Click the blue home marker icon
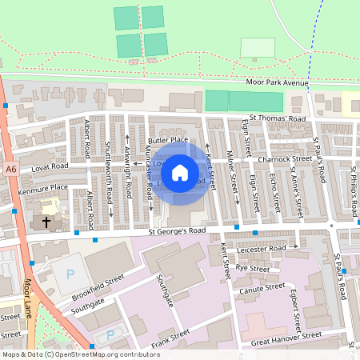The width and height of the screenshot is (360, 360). click(x=180, y=172)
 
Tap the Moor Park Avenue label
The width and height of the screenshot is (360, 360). click(x=278, y=83)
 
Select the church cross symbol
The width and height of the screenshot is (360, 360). click(x=46, y=220)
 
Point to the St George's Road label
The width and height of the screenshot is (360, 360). click(x=177, y=231)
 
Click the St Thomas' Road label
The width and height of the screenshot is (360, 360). click(x=277, y=119)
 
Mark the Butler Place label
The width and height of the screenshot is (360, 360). click(x=168, y=139)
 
